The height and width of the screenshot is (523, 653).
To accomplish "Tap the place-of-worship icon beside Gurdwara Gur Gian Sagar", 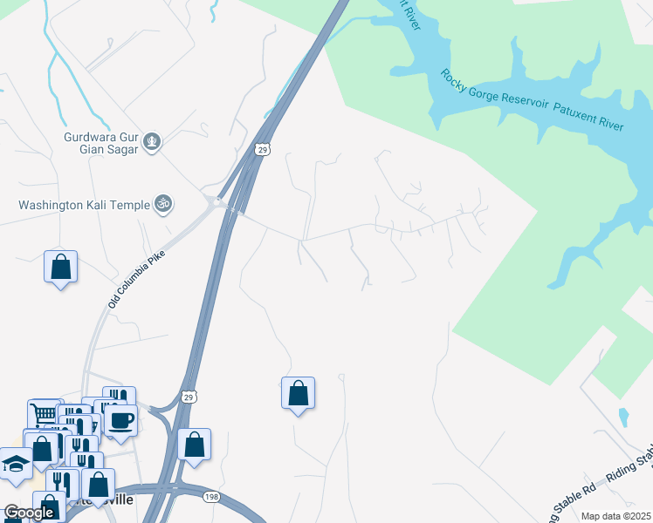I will pyautogui.click(x=153, y=141).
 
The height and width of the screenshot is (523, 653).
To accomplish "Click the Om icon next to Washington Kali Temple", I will pyautogui.click(x=162, y=205).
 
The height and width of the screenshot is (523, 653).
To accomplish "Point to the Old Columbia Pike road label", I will pyautogui.click(x=136, y=276).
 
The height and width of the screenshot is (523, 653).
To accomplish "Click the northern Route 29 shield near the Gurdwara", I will pyautogui.click(x=264, y=149).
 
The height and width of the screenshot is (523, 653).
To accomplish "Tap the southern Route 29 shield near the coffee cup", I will pyautogui.click(x=188, y=397).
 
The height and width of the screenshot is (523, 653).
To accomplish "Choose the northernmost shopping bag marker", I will pyautogui.click(x=61, y=266).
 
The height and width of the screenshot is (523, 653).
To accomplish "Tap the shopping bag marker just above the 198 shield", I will pyautogui.click(x=194, y=445).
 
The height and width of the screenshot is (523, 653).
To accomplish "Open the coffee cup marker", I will pyautogui.click(x=120, y=420).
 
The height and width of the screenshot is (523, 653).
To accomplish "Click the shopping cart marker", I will pyautogui.click(x=41, y=413).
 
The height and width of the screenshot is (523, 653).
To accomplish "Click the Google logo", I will pyautogui.click(x=29, y=513).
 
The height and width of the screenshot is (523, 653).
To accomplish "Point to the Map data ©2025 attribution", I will pyautogui.click(x=615, y=516).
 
